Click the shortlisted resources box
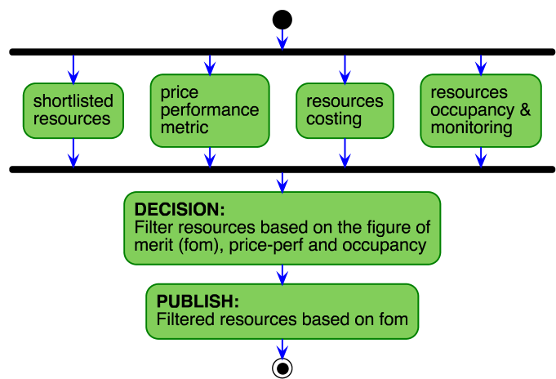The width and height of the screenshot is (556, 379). pyautogui.click(x=73, y=109)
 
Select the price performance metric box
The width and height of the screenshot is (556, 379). pyautogui.click(x=210, y=110)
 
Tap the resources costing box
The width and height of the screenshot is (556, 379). pyautogui.click(x=345, y=110)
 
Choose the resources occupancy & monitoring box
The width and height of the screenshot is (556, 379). pyautogui.click(x=481, y=110)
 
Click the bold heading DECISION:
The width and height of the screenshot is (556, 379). pyautogui.click(x=179, y=209)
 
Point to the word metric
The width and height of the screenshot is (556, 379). pyautogui.click(x=185, y=128)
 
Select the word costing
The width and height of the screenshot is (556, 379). pyautogui.click(x=334, y=119)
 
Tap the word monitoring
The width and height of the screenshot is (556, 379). pyautogui.click(x=471, y=128)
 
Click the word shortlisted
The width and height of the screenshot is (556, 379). pyautogui.click(x=73, y=101)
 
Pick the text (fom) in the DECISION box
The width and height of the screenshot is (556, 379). pyautogui.click(x=201, y=245)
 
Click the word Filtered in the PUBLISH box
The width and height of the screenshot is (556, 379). pyautogui.click(x=185, y=319)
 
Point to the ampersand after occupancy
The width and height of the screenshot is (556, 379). pyautogui.click(x=524, y=110)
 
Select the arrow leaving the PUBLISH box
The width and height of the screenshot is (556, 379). pyautogui.click(x=282, y=349)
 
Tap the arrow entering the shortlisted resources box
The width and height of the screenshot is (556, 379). pyautogui.click(x=73, y=69)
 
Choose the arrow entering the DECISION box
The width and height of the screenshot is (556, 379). pyautogui.click(x=282, y=182)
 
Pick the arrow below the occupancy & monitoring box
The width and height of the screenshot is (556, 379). pyautogui.click(x=481, y=157)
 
